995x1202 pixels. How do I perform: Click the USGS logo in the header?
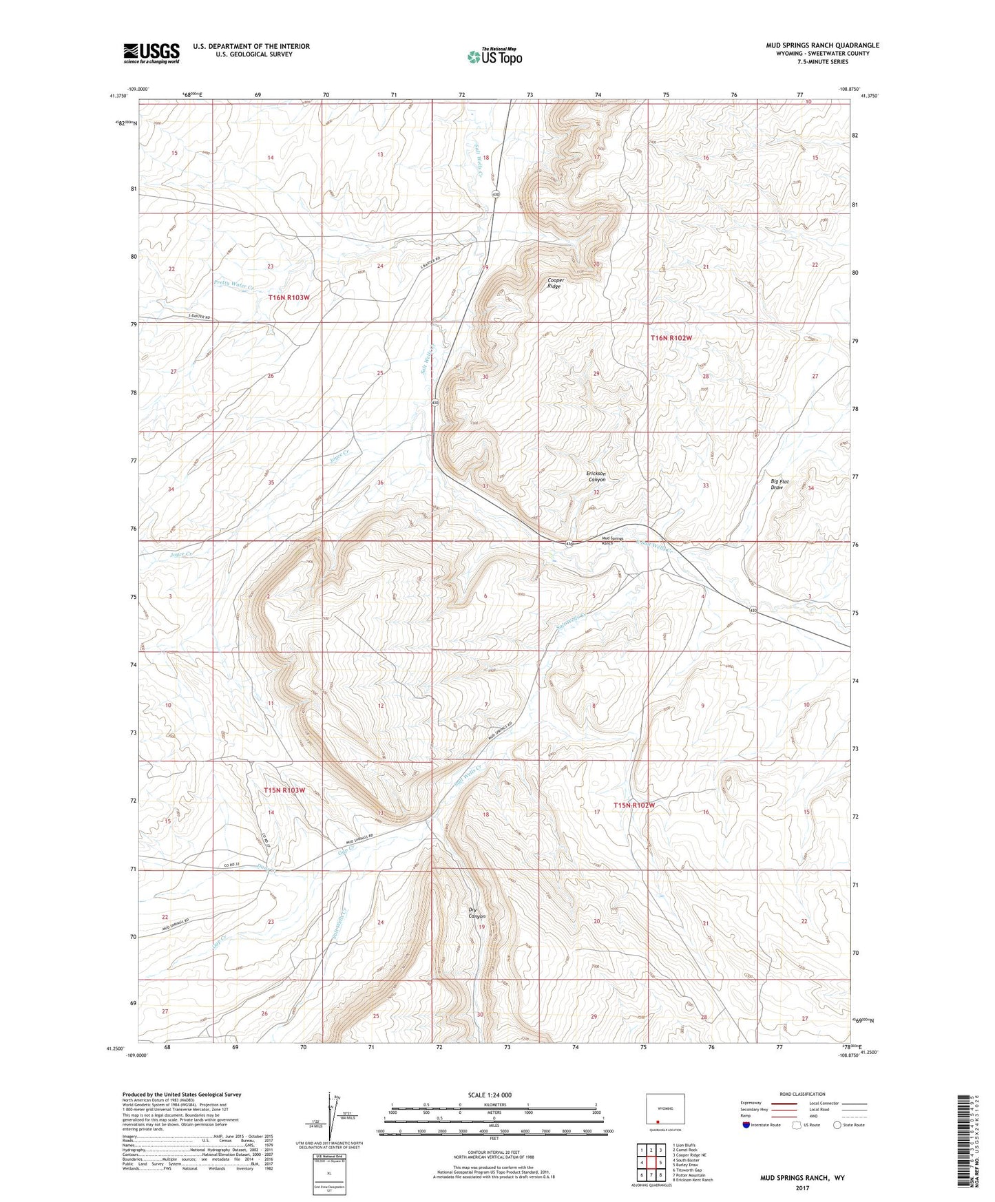(x=151, y=53)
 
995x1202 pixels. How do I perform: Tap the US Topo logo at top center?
(x=494, y=56)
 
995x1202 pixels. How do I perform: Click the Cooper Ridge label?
(x=554, y=283)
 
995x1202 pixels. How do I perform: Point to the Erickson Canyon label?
(x=596, y=476)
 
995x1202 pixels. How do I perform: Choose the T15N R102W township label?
(x=633, y=805)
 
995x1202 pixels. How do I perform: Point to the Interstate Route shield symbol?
(x=746, y=1125)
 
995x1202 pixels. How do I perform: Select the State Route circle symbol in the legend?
(x=837, y=1125)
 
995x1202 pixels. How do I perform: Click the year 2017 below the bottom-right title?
(x=802, y=1188)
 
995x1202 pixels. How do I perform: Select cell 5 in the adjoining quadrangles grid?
(x=660, y=1163)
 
